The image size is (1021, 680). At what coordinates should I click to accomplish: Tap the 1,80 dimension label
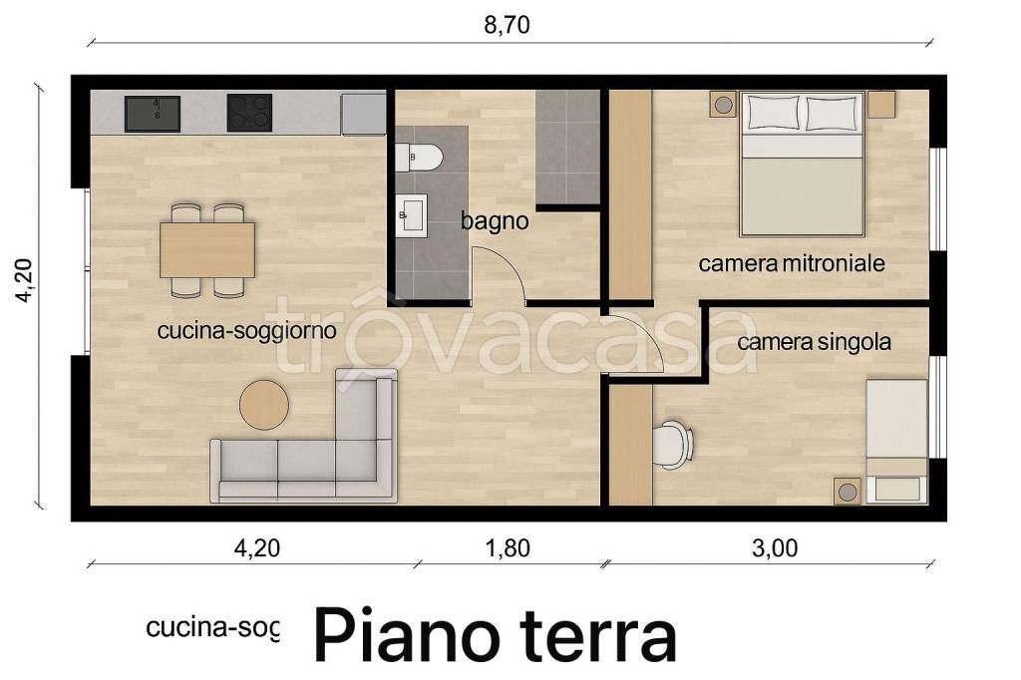point(508,546)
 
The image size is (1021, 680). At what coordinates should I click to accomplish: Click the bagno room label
point(494,221)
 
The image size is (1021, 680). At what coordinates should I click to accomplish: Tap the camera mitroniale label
point(792,264)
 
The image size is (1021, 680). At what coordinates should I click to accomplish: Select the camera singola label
point(814,342)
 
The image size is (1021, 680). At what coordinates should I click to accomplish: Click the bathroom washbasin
point(410,215)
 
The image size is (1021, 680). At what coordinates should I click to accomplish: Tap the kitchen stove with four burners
point(249,113)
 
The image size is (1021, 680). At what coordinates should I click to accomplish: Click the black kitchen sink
point(152,114)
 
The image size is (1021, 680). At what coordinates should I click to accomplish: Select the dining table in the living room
point(207,249)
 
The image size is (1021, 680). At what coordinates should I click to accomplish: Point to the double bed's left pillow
point(770,114)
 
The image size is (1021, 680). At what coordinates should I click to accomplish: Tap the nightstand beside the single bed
point(848,491)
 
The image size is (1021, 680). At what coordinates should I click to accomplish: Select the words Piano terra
point(496,635)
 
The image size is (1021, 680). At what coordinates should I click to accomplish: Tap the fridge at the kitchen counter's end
point(362,114)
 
